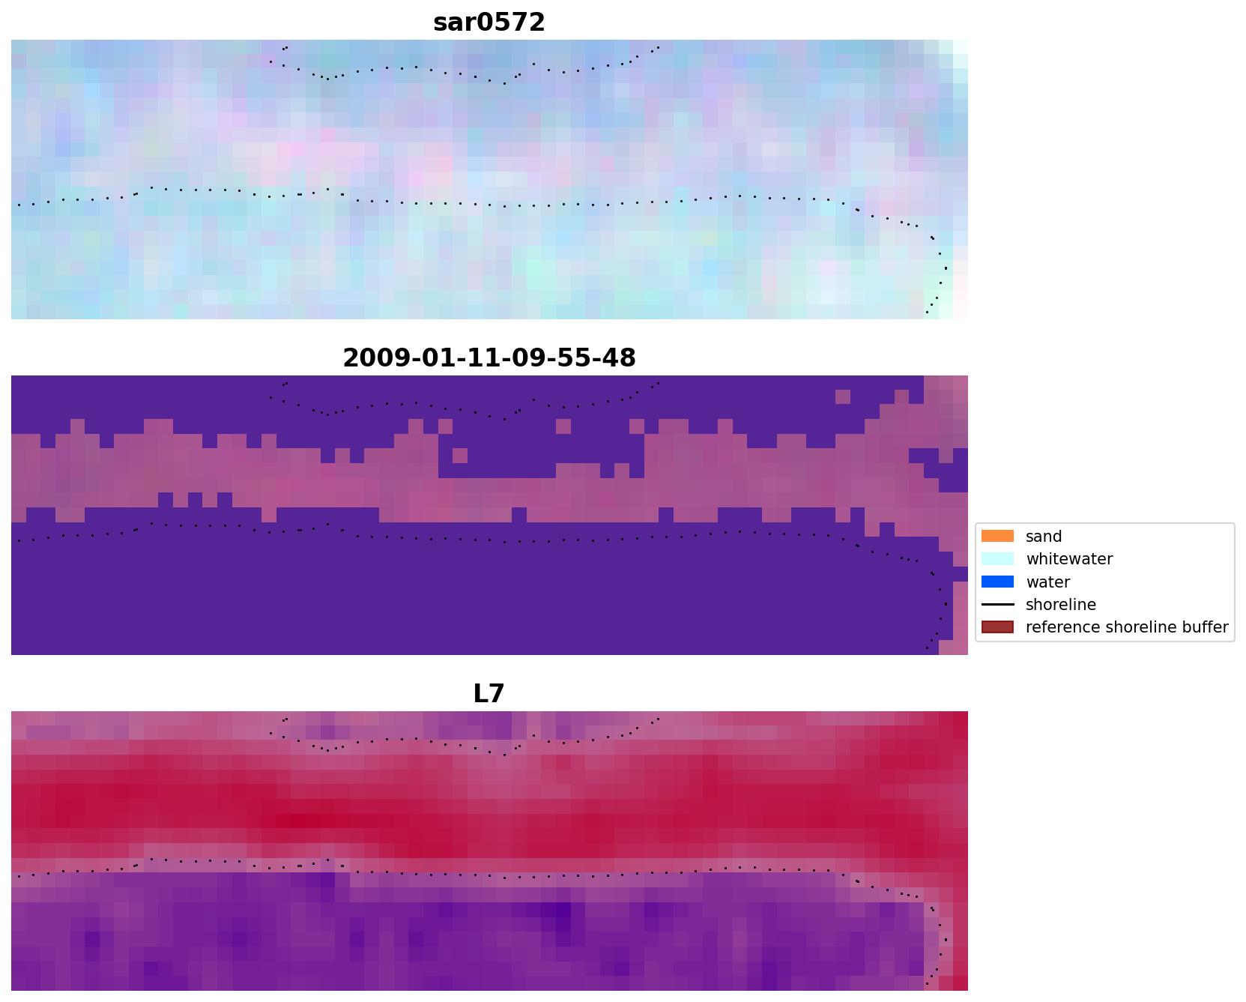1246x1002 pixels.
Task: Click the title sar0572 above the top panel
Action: tap(489, 22)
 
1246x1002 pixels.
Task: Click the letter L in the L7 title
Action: tap(480, 694)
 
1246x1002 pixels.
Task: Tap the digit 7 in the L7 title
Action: tap(497, 694)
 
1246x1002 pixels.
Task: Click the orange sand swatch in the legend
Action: tap(997, 537)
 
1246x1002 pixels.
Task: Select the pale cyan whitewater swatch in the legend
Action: tap(997, 559)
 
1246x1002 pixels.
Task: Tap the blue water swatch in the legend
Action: tap(997, 582)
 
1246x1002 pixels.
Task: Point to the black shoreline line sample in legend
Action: tap(997, 605)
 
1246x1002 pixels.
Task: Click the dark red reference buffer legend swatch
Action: tap(997, 627)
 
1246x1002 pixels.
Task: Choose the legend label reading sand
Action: tap(1044, 537)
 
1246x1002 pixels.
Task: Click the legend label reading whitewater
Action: tap(1069, 559)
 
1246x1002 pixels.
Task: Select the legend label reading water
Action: tap(1047, 582)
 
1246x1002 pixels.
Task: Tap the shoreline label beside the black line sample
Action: tap(1060, 605)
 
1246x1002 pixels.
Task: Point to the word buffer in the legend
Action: tap(1204, 627)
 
